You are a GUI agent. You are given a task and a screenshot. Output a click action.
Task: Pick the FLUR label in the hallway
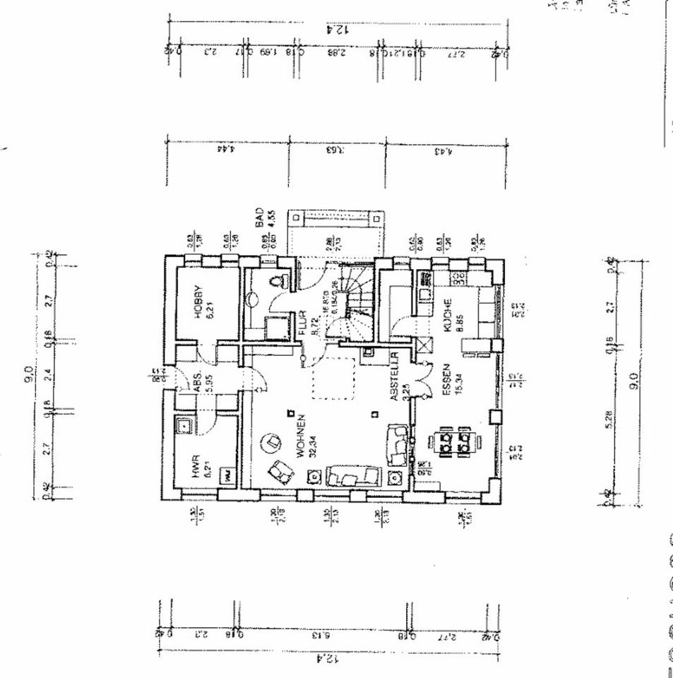coord(302,323)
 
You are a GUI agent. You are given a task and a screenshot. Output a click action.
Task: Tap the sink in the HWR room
coord(185,426)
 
